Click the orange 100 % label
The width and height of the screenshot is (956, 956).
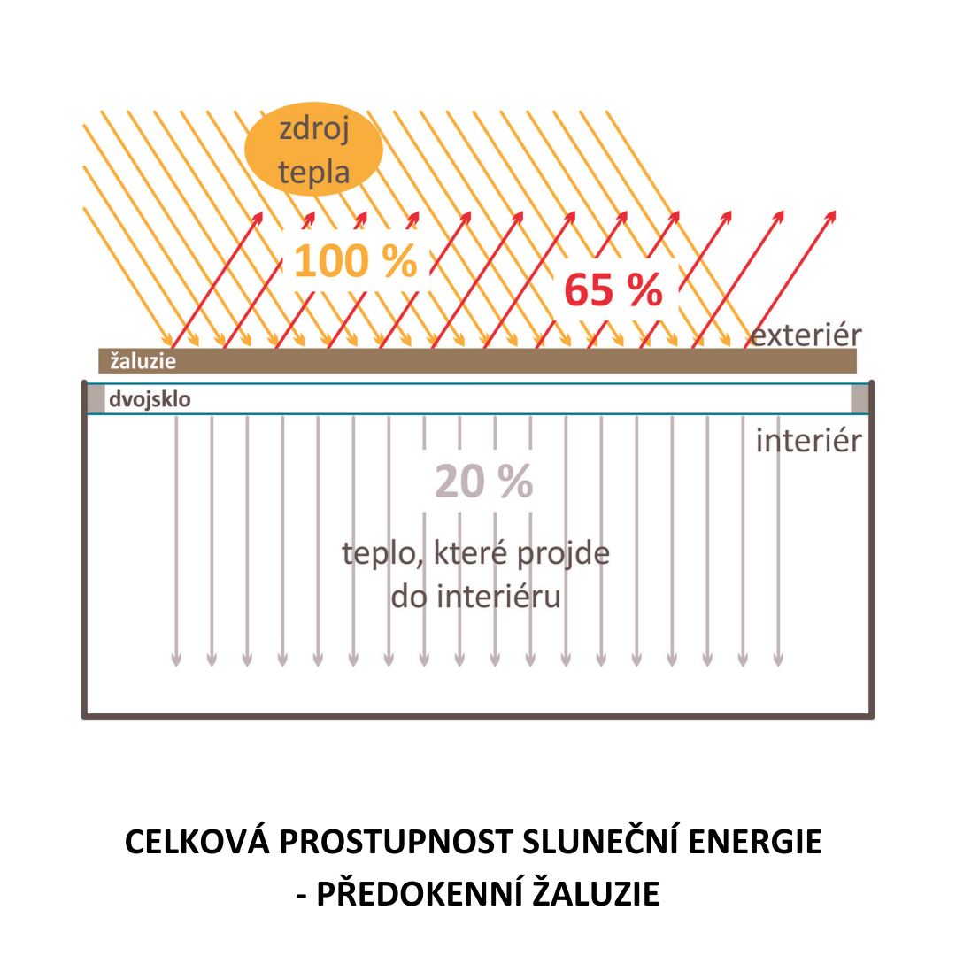point(355,262)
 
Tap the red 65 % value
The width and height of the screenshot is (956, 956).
point(613,289)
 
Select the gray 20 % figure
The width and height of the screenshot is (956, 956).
point(483,482)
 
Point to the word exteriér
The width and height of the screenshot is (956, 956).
point(806,335)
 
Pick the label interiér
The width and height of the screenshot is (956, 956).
point(807,440)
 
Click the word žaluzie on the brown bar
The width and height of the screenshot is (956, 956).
point(143,361)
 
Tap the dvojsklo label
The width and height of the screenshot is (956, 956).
point(150,400)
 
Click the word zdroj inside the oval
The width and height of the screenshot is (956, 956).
point(314,130)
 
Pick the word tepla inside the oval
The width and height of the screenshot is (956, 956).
point(314,171)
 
